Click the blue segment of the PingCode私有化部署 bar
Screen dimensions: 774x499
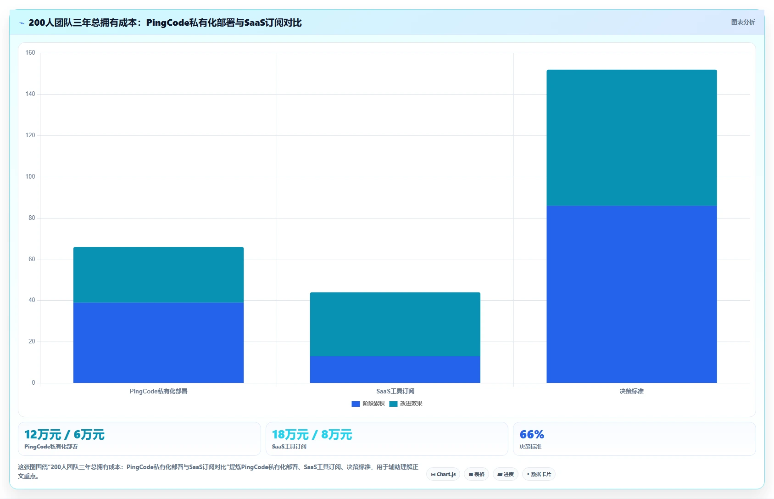click(158, 343)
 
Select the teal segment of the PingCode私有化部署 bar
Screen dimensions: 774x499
click(158, 275)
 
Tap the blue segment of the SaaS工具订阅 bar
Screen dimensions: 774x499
click(395, 370)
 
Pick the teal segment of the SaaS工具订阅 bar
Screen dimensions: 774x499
click(395, 325)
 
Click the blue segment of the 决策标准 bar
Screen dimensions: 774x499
click(632, 294)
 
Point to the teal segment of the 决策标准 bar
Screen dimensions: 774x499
click(632, 138)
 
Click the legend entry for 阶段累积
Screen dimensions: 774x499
click(368, 404)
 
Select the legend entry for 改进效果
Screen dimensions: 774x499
click(406, 404)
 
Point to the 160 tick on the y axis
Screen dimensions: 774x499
click(30, 53)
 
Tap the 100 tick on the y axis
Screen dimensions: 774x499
click(30, 177)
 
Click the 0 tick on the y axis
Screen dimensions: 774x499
click(33, 382)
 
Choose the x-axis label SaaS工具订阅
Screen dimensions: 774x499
click(395, 391)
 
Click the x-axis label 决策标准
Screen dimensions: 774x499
click(632, 391)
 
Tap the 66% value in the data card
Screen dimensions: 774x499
click(532, 434)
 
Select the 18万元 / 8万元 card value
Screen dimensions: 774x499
click(312, 435)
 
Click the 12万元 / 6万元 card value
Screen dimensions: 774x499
click(64, 435)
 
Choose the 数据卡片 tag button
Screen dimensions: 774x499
click(539, 474)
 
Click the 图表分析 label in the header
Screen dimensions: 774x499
click(743, 22)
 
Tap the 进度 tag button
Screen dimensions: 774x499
click(506, 474)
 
